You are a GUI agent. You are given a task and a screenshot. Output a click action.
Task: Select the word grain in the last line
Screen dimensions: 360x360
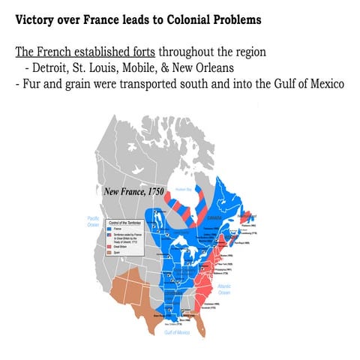[x=77, y=84]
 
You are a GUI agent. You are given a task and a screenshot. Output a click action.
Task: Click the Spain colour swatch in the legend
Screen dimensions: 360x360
[x=112, y=255]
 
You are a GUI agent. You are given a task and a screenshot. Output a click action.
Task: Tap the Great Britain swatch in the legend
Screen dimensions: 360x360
[x=112, y=249]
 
